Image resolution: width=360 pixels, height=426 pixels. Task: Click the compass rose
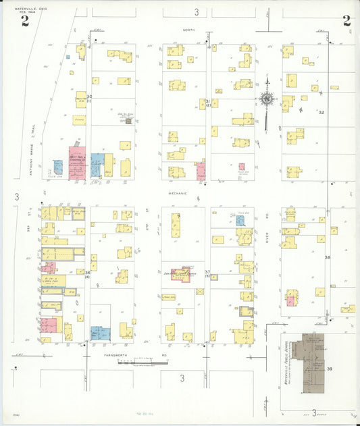point(267,99)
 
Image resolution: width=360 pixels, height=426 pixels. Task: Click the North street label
point(188,30)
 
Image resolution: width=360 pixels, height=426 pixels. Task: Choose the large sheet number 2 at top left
point(25,20)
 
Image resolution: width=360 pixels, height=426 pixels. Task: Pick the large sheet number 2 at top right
point(346,20)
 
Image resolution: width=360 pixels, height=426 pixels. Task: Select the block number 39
point(330,369)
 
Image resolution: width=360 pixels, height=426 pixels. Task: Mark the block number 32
point(322,112)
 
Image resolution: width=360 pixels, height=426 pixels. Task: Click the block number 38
point(328,258)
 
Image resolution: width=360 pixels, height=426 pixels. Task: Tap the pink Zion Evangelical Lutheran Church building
point(180,274)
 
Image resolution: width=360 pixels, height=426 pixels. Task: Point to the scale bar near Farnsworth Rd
point(142,363)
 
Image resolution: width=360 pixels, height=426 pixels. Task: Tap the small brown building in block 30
point(124,119)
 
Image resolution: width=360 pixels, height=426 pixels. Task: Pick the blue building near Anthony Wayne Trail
point(58,166)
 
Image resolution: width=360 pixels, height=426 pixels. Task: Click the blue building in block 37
point(240,220)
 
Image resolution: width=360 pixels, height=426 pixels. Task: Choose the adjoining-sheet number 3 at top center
point(197,12)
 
